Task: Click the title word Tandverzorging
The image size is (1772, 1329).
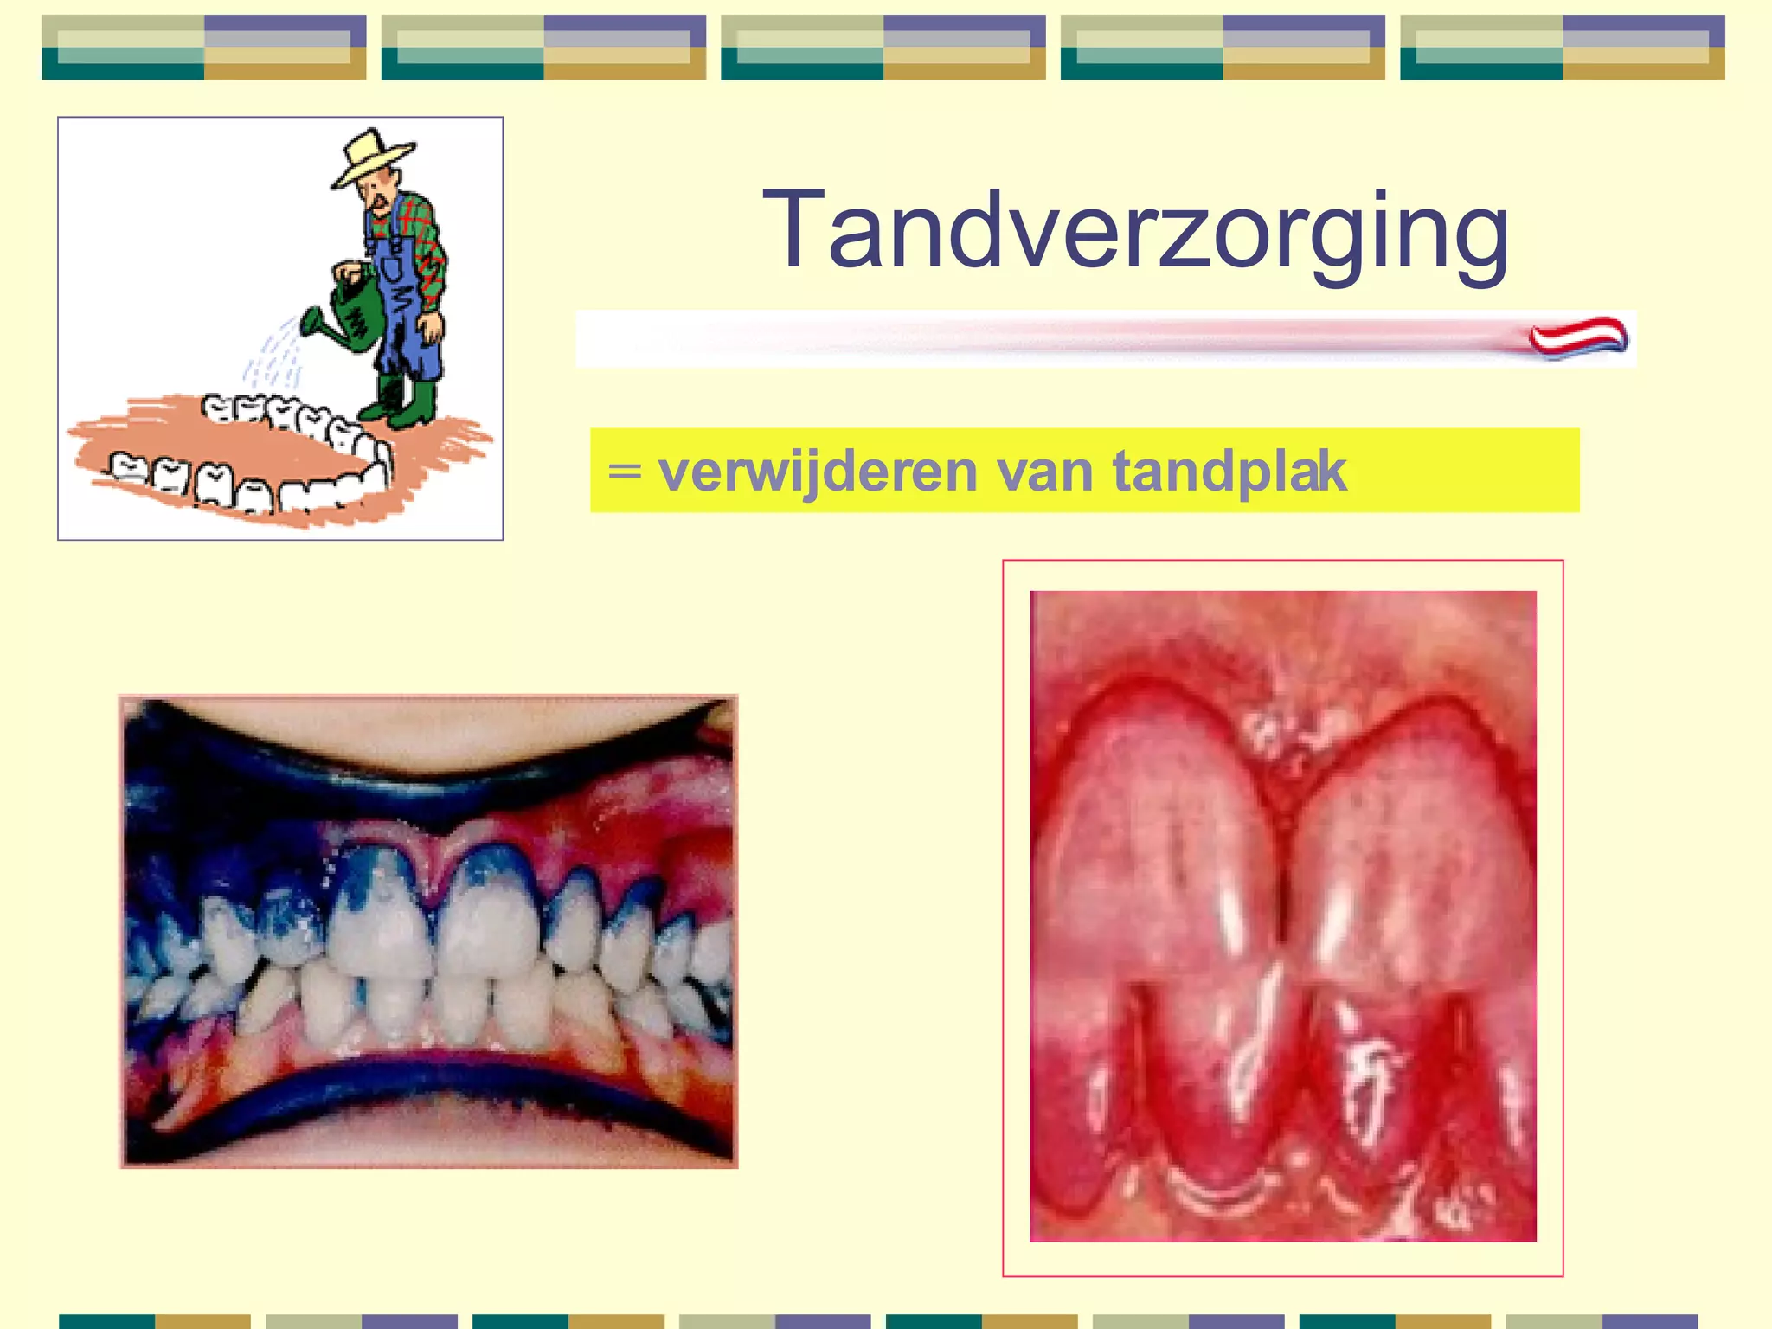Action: tap(1135, 232)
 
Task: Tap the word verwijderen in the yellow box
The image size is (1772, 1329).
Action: tap(818, 472)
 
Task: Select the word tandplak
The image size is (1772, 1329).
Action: tap(1229, 472)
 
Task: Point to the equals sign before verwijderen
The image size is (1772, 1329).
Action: tap(625, 472)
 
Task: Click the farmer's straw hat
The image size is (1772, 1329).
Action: tap(372, 156)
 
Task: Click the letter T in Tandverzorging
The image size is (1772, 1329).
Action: tap(790, 230)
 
